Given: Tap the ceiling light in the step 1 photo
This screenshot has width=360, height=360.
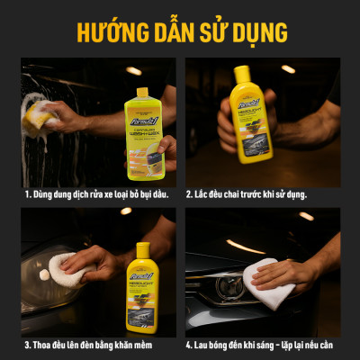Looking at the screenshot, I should coord(134,70).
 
